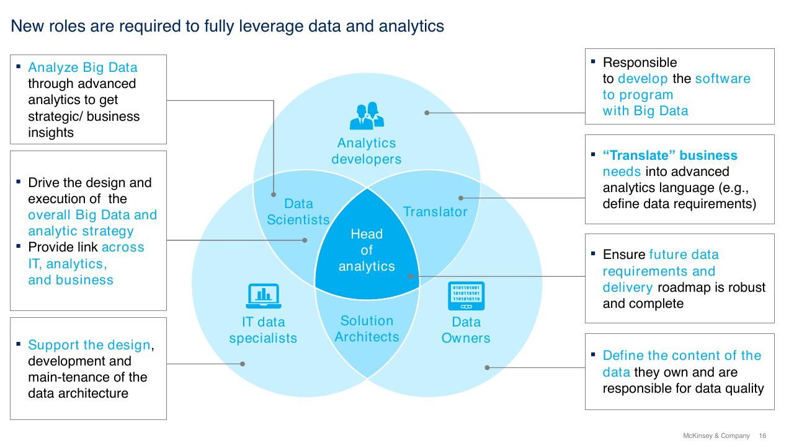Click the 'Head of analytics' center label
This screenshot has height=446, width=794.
[367, 250]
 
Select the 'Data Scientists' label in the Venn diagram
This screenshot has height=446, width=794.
[298, 212]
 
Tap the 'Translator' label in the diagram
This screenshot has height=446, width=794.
[435, 212]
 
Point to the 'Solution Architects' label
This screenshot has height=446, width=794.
[367, 328]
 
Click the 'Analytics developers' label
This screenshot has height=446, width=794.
[367, 151]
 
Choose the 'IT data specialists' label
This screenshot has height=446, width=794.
[263, 330]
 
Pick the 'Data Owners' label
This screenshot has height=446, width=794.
[466, 330]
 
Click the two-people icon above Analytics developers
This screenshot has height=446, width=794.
[367, 115]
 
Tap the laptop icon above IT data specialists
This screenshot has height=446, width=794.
[264, 296]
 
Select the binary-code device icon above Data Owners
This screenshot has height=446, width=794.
[466, 296]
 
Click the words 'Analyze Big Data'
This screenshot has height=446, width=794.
[83, 68]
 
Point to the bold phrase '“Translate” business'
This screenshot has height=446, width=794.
[670, 155]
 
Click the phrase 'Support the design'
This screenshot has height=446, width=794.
[89, 345]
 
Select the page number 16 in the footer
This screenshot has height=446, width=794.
[762, 435]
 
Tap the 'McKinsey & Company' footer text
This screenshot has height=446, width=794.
[716, 435]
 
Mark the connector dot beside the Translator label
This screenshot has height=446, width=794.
[461, 198]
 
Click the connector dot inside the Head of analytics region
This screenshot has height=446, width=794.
[411, 276]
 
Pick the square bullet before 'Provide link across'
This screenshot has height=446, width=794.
[19, 246]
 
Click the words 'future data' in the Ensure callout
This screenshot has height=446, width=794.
[684, 255]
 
